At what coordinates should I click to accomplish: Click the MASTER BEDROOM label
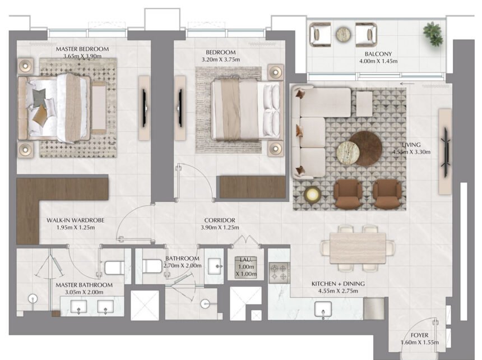[82, 49]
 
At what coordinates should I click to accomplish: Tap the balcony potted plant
[433, 34]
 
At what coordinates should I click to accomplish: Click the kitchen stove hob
[279, 273]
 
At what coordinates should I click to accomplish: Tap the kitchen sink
[323, 310]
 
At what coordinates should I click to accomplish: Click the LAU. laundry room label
[245, 260]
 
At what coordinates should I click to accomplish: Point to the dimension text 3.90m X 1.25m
[220, 228]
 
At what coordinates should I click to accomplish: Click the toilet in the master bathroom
[115, 267]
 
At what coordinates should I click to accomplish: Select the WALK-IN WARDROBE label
[75, 220]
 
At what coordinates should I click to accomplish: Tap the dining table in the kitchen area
[358, 247]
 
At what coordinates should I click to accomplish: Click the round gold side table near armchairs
[313, 195]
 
